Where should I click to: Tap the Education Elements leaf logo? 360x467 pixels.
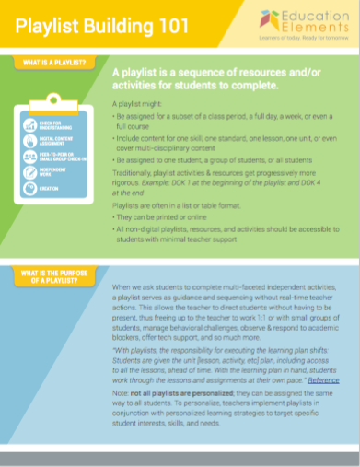269,19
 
